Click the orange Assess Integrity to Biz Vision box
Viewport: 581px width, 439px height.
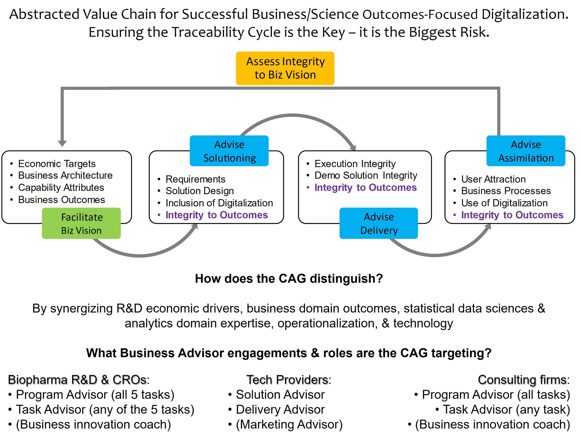click(285, 68)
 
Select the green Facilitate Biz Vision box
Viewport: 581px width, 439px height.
click(81, 223)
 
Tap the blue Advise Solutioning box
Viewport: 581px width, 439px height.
click(229, 151)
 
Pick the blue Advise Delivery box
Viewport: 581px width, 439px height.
click(379, 223)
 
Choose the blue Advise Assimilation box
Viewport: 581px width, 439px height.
click(526, 151)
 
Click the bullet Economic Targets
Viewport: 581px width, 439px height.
click(57, 164)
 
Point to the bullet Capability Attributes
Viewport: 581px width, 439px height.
click(61, 187)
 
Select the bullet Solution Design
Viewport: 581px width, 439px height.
click(200, 191)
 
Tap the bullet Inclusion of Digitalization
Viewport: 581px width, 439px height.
click(219, 203)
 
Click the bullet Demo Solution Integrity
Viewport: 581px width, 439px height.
click(366, 175)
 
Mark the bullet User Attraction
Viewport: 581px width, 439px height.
click(493, 179)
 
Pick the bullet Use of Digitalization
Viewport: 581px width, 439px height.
click(504, 203)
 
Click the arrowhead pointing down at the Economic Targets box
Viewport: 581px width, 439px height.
click(62, 143)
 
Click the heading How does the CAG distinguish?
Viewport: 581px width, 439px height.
click(289, 279)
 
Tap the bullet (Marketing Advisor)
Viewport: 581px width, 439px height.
click(289, 424)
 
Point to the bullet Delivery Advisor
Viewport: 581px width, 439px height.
click(280, 410)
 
